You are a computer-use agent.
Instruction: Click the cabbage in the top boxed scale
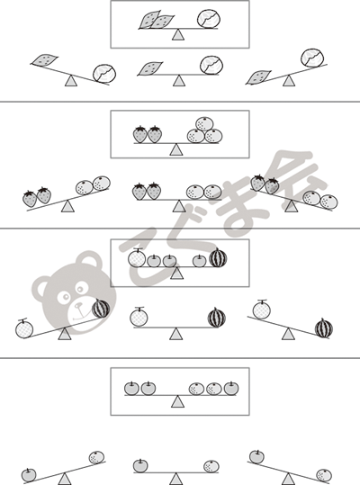pyautogui.click(x=209, y=19)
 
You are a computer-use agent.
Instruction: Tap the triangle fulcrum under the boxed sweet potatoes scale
pyautogui.click(x=178, y=34)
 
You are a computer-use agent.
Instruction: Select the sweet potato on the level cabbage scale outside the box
pyautogui.click(x=150, y=68)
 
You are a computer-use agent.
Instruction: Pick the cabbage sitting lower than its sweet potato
pyautogui.click(x=104, y=74)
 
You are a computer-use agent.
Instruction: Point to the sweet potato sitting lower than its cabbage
pyautogui.click(x=258, y=77)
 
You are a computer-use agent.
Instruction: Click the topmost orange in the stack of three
pyautogui.click(x=204, y=124)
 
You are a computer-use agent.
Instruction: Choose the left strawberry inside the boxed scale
pyautogui.click(x=140, y=135)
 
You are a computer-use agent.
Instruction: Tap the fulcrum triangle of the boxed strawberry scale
pyautogui.click(x=176, y=149)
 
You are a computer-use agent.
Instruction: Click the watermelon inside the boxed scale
pyautogui.click(x=218, y=257)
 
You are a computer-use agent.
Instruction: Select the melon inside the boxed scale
pyautogui.click(x=137, y=258)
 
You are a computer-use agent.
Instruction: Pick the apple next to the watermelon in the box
pyautogui.click(x=200, y=261)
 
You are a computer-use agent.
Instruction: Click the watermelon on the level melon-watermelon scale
pyautogui.click(x=217, y=318)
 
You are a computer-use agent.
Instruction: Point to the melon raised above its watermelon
pyautogui.click(x=261, y=310)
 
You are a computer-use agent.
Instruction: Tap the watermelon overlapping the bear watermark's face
pyautogui.click(x=101, y=309)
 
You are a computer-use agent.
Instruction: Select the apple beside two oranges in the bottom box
pyautogui.click(x=231, y=389)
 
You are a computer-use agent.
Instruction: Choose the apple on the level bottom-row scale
pyautogui.click(x=140, y=466)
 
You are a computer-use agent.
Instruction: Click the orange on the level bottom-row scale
pyautogui.click(x=211, y=466)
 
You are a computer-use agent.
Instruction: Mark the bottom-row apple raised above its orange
pyautogui.click(x=256, y=457)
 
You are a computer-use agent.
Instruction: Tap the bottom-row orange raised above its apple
pyautogui.click(x=97, y=457)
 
